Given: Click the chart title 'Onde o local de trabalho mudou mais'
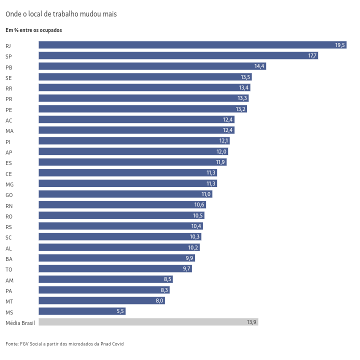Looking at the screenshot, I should tap(61, 14).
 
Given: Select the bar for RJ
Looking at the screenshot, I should tap(192, 45).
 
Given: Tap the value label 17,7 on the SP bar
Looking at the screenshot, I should tap(312, 55).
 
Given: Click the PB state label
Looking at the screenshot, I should tap(9, 67).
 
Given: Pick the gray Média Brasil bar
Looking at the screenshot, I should tap(148, 322).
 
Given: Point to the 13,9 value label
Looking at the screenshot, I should tap(251, 322).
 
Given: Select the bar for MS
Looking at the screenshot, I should tap(82, 311).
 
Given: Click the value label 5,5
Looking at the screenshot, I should tap(120, 311).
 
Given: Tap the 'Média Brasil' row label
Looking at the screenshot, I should tap(20, 323).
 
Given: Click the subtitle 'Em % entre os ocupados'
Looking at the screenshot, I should tap(33, 30).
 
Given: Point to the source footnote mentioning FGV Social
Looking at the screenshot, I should tap(64, 344).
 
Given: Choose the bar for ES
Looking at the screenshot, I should tap(132, 162).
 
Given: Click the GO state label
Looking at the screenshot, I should tap(9, 195).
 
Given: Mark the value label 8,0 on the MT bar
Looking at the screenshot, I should tap(159, 300).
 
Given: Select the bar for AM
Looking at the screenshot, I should tap(105, 279).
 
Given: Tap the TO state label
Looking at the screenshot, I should tap(9, 269).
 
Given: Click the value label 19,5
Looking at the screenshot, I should tap(340, 45).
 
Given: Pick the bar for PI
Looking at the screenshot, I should tap(134, 141).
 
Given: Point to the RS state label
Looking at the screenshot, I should tap(9, 227).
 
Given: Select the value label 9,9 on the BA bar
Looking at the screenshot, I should tap(189, 258).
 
